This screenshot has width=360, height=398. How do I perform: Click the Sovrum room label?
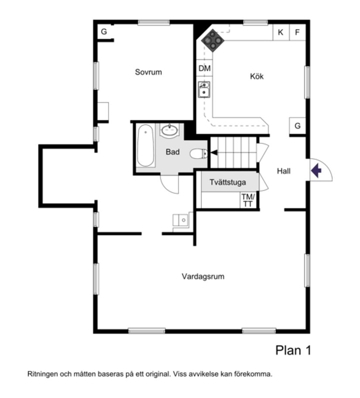click(x=148, y=72)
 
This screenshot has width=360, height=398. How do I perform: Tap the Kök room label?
click(x=257, y=76)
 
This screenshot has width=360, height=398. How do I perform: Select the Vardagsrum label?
click(x=203, y=277)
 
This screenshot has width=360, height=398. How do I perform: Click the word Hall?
click(x=284, y=171)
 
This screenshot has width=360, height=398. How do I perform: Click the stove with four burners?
click(x=213, y=40)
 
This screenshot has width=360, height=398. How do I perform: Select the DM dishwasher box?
click(x=204, y=69)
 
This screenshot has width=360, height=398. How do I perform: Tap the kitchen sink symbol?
click(x=204, y=89)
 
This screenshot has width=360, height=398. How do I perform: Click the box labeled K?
click(x=281, y=32)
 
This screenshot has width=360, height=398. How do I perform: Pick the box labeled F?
click(x=297, y=32)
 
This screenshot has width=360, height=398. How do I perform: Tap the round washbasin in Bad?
click(x=169, y=130)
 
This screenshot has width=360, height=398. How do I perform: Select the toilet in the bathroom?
click(x=199, y=153)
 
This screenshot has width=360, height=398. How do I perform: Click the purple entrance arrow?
click(x=316, y=170)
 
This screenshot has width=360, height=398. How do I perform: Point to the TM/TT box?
click(x=247, y=201)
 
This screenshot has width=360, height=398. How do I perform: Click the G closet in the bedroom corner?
click(x=104, y=31)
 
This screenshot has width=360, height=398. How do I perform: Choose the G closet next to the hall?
click(x=297, y=126)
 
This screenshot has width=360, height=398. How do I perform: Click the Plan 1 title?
click(x=293, y=350)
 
